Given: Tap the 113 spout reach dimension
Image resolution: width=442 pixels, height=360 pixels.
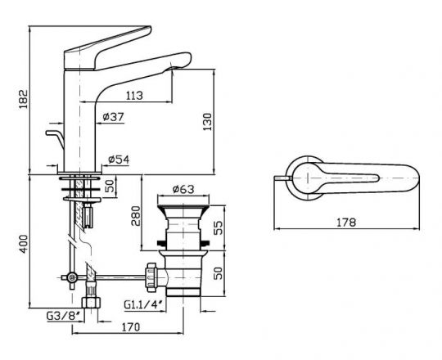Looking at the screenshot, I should [135, 96].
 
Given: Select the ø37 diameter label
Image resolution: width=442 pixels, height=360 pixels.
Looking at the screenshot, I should [115, 117].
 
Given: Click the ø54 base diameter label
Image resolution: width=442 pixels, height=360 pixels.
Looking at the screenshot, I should [119, 159].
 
